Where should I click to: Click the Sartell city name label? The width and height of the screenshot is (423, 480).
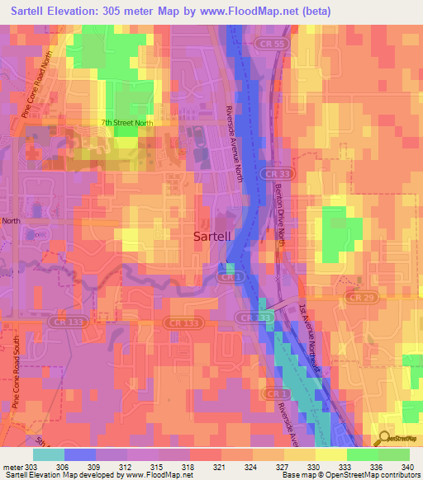coord(217,236)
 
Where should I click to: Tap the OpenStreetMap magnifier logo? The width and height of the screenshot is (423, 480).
coord(385,439)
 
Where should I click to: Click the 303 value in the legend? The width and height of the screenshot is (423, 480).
coord(31,466)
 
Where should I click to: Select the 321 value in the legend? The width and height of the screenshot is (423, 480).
coord(219,466)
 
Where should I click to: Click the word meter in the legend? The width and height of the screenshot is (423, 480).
coord(12,466)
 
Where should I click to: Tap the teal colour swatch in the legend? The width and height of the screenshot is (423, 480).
coord(48,454)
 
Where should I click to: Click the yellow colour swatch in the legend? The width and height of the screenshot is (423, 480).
coord(330,454)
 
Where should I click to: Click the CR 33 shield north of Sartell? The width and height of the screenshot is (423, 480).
coord(276,174)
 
